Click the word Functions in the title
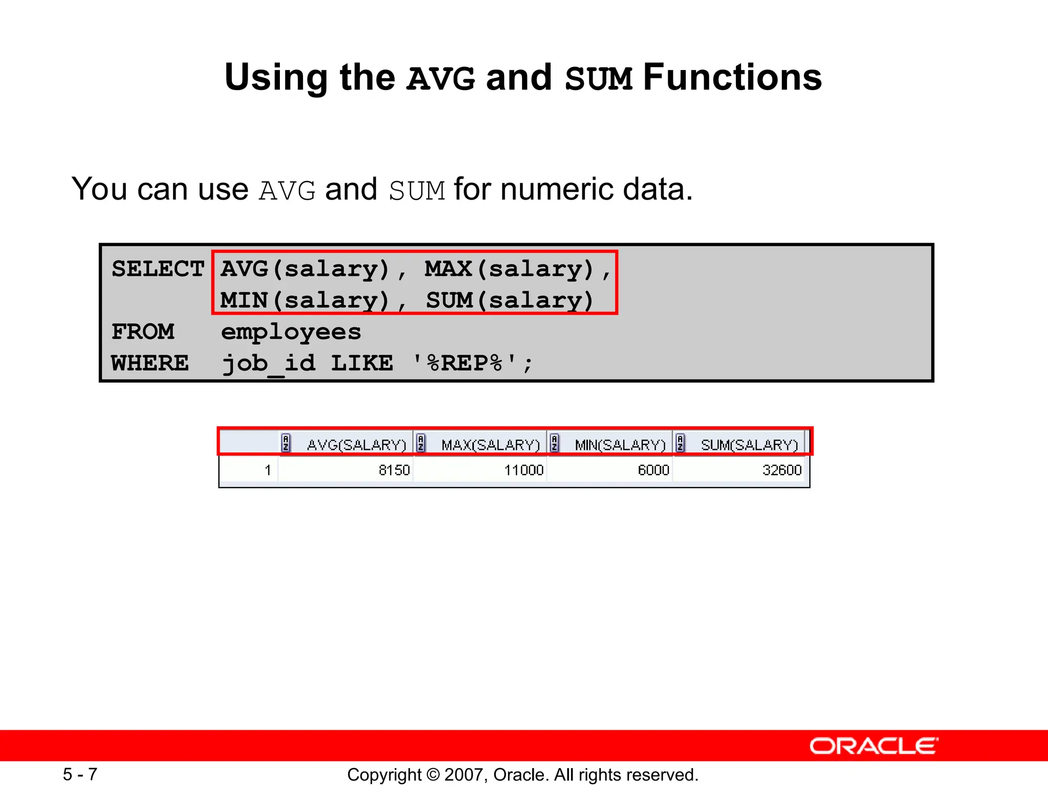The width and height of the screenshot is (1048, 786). (732, 78)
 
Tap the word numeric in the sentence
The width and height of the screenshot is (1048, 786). (558, 189)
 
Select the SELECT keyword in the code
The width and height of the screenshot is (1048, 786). (158, 269)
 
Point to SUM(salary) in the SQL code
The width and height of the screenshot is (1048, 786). (510, 300)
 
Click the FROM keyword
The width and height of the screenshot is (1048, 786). (143, 332)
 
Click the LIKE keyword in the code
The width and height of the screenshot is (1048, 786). (362, 363)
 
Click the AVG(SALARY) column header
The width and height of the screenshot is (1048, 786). (356, 445)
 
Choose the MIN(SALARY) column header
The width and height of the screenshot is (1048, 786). (620, 445)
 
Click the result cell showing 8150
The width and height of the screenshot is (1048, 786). (394, 470)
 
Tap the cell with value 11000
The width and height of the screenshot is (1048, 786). (523, 470)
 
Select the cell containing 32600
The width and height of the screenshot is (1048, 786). (781, 470)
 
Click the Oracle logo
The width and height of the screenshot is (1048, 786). (874, 746)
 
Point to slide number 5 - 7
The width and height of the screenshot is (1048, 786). (80, 774)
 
